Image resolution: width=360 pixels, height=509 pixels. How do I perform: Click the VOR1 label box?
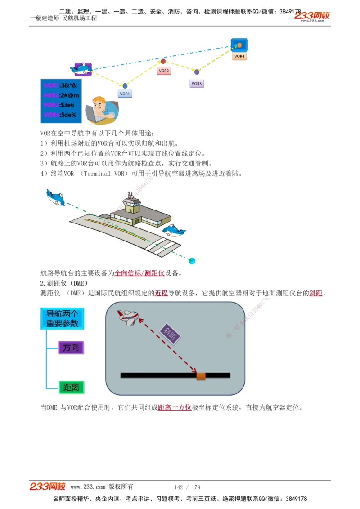[125, 94]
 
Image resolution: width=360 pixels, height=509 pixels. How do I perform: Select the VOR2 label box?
[163, 71]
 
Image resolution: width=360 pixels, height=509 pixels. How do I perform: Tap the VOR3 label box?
[197, 84]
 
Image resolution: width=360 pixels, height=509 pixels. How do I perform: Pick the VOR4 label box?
[239, 56]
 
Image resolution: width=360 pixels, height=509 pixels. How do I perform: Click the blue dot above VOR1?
[125, 85]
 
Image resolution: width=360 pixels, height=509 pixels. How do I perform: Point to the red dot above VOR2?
[163, 61]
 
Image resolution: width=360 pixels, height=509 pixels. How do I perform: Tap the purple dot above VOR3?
[197, 72]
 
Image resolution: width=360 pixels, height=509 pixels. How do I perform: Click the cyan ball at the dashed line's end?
[192, 261]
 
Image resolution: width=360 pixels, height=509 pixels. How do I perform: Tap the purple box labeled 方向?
[71, 348]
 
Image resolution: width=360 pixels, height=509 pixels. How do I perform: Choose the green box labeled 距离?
[71, 387]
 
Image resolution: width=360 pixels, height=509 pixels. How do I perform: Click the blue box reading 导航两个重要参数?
[63, 318]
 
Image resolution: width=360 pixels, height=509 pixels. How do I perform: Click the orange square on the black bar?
[201, 375]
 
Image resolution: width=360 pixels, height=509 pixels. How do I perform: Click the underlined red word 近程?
[162, 293]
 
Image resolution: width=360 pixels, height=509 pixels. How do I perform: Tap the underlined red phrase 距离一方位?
[175, 408]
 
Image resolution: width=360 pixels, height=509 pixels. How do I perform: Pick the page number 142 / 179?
[187, 487]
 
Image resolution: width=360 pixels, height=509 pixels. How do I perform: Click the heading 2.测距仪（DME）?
[64, 283]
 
